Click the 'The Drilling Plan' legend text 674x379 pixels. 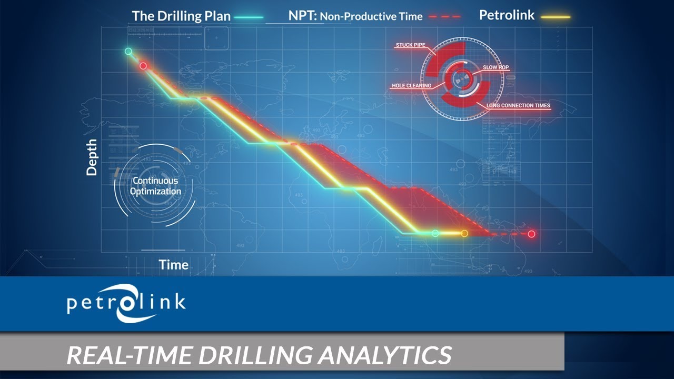[181, 16]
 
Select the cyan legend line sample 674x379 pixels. [249, 17]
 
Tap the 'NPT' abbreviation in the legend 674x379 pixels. [302, 16]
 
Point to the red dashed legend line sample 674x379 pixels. [445, 17]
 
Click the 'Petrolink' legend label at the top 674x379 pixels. [507, 15]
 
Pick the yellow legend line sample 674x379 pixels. [554, 17]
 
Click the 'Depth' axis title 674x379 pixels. [92, 157]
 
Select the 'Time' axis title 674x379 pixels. [174, 265]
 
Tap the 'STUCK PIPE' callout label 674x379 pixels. [410, 45]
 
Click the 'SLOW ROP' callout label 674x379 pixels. [496, 68]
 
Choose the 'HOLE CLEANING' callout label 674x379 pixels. [411, 85]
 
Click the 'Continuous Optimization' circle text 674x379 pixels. [155, 186]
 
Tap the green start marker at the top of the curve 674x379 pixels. [128, 52]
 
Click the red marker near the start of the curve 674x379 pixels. [143, 66]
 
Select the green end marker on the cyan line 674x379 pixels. [435, 233]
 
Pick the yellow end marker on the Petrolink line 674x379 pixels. [464, 233]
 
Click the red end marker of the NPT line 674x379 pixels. [531, 234]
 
